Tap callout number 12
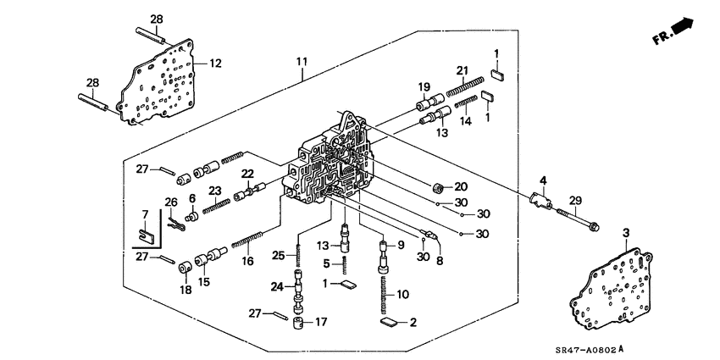tap(215, 63)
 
